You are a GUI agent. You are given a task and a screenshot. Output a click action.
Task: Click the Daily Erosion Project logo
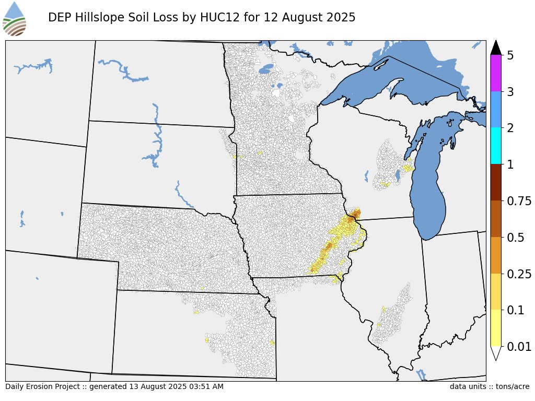(x=15, y=19)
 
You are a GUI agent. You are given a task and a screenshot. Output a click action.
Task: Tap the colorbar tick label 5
(x=510, y=55)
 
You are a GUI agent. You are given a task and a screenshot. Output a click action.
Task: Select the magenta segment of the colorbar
(x=496, y=73)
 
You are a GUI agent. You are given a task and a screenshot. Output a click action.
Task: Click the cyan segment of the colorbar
(x=496, y=146)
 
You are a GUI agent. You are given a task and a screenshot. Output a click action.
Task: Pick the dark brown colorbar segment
(x=496, y=182)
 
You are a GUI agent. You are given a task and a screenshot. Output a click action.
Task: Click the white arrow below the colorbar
(x=496, y=353)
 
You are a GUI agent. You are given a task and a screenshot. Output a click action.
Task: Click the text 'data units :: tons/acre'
(x=489, y=387)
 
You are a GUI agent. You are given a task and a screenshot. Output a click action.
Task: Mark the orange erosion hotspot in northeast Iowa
(x=355, y=215)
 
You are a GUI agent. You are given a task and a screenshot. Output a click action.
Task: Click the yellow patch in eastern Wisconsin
(x=407, y=168)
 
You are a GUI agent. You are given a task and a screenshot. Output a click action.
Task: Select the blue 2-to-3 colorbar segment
(x=496, y=110)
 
